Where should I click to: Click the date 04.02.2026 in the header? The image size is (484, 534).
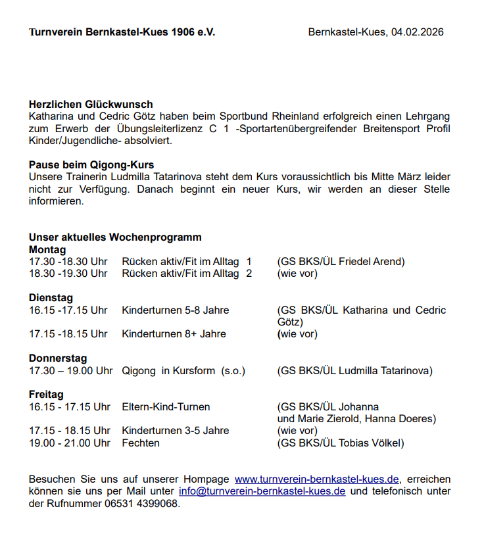tap(417, 32)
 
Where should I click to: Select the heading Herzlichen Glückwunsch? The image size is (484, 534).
tap(91, 104)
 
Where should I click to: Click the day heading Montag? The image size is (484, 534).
tap(47, 250)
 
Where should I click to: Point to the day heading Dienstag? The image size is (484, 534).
tap(51, 298)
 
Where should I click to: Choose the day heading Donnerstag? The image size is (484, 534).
tap(58, 358)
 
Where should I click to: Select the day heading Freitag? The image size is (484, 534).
tap(46, 395)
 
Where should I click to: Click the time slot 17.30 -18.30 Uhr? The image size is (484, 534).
tap(68, 262)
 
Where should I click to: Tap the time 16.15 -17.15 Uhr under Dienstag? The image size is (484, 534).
tap(68, 310)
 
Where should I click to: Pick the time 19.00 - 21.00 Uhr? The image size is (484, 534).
tap(70, 443)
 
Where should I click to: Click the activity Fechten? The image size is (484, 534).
tap(141, 443)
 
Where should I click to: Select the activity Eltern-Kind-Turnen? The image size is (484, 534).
tap(166, 407)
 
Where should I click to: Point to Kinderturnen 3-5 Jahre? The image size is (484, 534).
tap(175, 431)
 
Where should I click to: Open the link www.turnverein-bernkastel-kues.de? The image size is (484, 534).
tap(317, 479)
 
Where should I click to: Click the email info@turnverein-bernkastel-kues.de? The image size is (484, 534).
tap(262, 492)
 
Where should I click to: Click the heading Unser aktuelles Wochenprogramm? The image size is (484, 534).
tap(115, 237)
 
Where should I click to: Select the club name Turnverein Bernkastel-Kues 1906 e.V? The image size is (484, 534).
tap(122, 32)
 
